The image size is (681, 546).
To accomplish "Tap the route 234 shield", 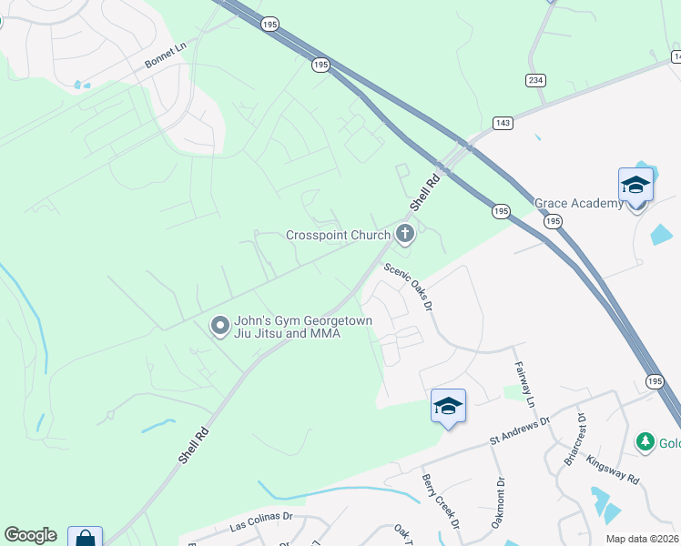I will click(x=535, y=80).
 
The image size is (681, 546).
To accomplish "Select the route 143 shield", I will click(x=503, y=122).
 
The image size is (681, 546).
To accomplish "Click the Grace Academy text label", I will click(x=578, y=203).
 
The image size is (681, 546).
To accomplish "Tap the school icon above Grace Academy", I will click(x=635, y=186).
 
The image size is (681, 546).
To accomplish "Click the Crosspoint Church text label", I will click(x=338, y=235).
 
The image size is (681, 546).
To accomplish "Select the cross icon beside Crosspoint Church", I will click(x=405, y=235).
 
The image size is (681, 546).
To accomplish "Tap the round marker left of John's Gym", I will click(x=219, y=326).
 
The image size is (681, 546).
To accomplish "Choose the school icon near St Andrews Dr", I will click(x=448, y=406).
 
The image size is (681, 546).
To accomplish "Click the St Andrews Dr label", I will click(x=520, y=430).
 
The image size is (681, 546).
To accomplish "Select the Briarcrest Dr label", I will click(x=571, y=443).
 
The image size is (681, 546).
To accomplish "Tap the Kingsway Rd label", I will click(x=613, y=470).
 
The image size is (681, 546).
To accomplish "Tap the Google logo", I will click(x=30, y=535).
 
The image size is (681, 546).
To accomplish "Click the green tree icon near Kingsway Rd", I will click(x=645, y=442).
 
